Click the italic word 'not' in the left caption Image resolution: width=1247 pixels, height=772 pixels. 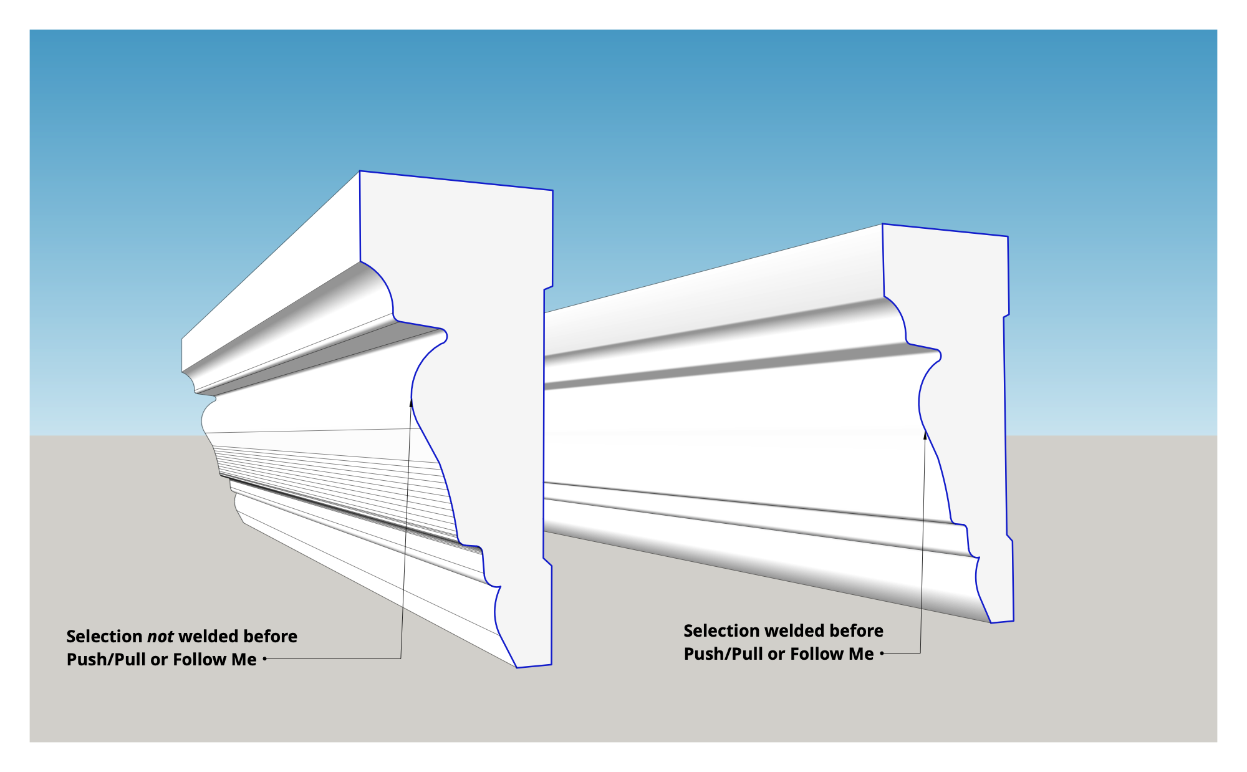coord(160,637)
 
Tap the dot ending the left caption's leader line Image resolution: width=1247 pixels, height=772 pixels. coord(265,659)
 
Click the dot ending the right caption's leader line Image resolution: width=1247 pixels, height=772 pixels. coord(882,654)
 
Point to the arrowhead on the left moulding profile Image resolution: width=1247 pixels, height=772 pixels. coord(411,402)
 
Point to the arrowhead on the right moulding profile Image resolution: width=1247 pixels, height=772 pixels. coord(925,435)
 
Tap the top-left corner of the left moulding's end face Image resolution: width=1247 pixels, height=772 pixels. coord(360,171)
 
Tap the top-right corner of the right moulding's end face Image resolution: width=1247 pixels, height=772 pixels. coord(1008,236)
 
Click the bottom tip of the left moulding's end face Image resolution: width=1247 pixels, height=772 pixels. coord(518,668)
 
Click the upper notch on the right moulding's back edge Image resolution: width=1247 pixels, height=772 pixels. coord(1006,316)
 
